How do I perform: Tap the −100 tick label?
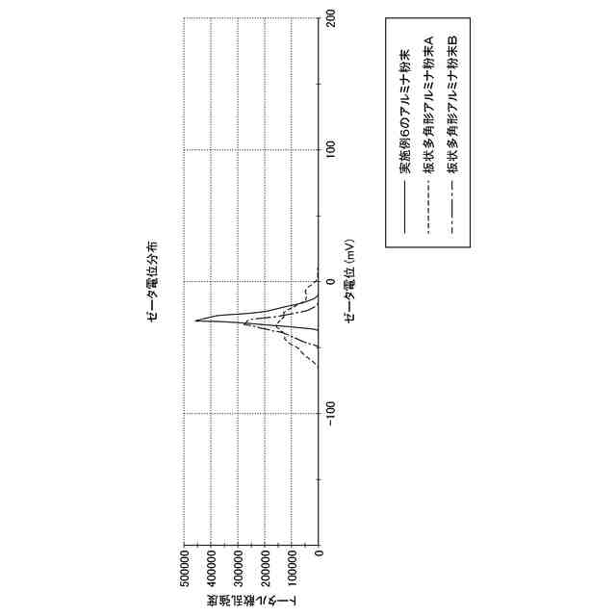pyautogui.click(x=333, y=414)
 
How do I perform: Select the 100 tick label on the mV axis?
pyautogui.click(x=333, y=149)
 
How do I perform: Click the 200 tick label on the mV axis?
pyautogui.click(x=333, y=17)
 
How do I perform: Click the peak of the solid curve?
pyautogui.click(x=196, y=321)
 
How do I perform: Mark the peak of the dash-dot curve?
pyautogui.click(x=244, y=324)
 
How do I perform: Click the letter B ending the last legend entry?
pyautogui.click(x=452, y=40)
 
